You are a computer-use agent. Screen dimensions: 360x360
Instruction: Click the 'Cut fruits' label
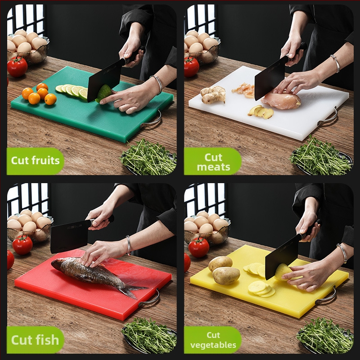pyautogui.click(x=35, y=160)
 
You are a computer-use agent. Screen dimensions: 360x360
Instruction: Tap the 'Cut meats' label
pyautogui.click(x=213, y=162)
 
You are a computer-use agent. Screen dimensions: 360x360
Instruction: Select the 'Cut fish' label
pyautogui.click(x=35, y=340)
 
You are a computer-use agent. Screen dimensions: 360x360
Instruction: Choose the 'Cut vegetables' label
pyautogui.click(x=213, y=340)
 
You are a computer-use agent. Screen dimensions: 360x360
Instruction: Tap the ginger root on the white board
pyautogui.click(x=213, y=94)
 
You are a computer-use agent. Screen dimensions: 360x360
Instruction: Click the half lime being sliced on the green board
pyautogui.click(x=104, y=93)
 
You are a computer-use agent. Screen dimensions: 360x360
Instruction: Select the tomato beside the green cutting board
pyautogui.click(x=18, y=67)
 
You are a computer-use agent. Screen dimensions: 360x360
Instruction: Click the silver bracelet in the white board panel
pyautogui.click(x=335, y=63)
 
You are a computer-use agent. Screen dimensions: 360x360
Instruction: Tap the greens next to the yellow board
pyautogui.click(x=324, y=336)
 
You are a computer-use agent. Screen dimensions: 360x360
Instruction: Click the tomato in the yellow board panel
pyautogui.click(x=199, y=247)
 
